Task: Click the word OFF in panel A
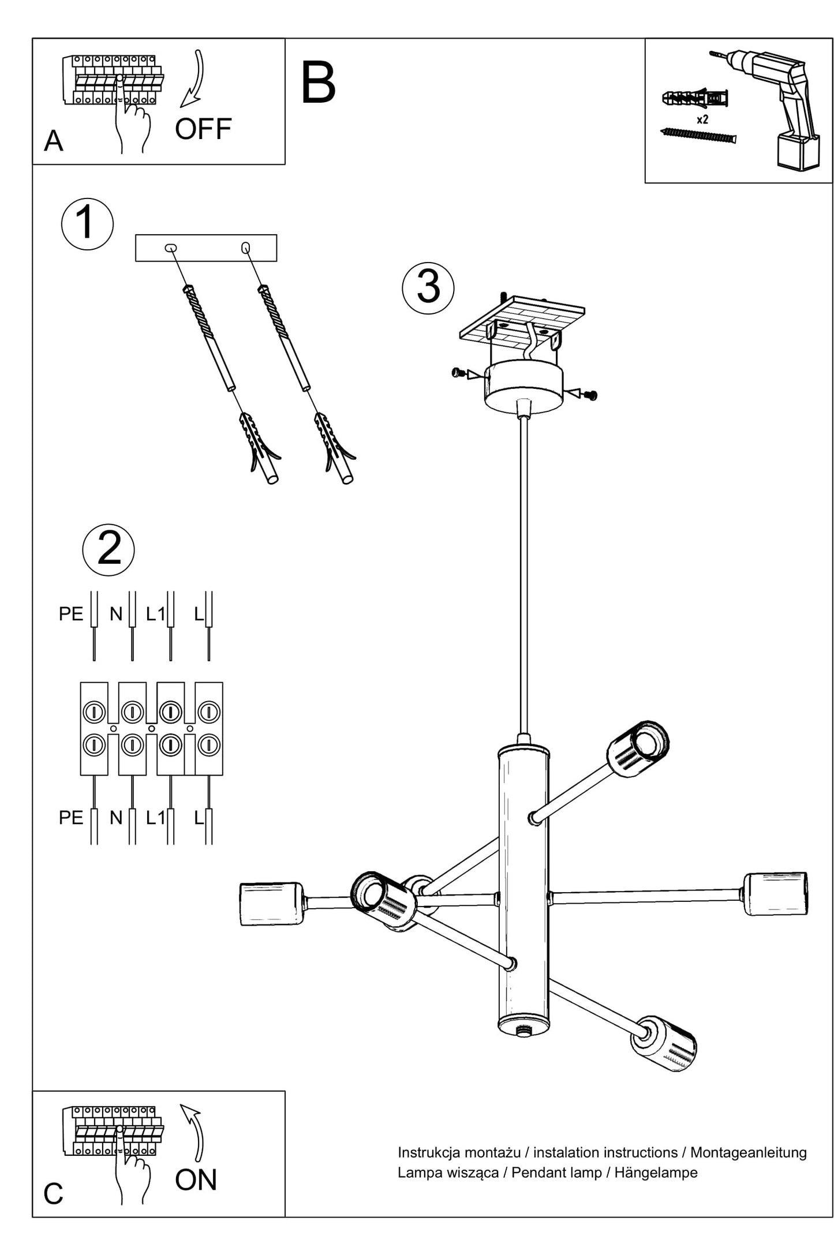click(x=203, y=129)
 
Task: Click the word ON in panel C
click(x=196, y=1180)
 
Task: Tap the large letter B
click(x=318, y=83)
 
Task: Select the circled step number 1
click(x=87, y=224)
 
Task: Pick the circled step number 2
click(x=109, y=549)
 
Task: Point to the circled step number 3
click(x=428, y=288)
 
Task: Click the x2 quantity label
click(x=702, y=120)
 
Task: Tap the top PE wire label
click(x=71, y=614)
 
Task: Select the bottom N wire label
click(x=116, y=818)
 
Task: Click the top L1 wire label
click(x=155, y=614)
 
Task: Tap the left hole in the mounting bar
click(x=171, y=249)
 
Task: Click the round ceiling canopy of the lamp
click(x=523, y=385)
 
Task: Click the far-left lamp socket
click(x=271, y=904)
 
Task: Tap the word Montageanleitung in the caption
click(x=748, y=1152)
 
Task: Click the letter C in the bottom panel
click(x=53, y=1194)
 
